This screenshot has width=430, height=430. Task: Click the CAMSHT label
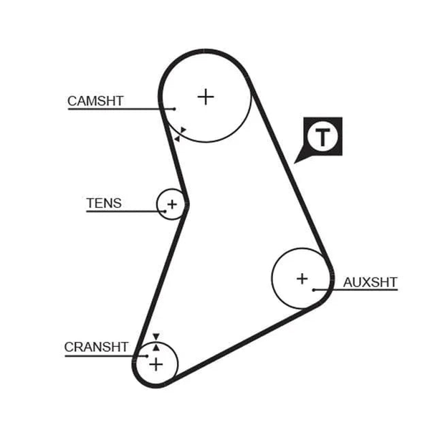pos(95,101)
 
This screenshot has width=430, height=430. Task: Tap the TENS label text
pos(104,204)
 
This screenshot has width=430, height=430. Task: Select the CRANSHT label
pos(96,347)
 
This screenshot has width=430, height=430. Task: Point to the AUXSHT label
pos(371,282)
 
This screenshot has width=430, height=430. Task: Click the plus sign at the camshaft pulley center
pos(206,97)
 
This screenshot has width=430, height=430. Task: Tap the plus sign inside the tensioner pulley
pos(172,204)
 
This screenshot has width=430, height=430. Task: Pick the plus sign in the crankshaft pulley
pos(156,365)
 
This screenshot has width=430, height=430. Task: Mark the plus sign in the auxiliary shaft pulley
pos(302,279)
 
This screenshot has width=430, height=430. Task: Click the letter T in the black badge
pos(322,137)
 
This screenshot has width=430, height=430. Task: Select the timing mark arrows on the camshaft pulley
pos(180,135)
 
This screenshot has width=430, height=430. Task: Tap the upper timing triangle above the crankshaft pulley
pos(156,337)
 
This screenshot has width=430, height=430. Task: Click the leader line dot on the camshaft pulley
pos(175,109)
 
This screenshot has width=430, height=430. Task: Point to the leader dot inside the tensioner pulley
pos(165,211)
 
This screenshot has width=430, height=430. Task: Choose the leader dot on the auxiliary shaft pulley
pos(314,290)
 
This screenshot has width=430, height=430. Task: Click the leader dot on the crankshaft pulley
pos(147,356)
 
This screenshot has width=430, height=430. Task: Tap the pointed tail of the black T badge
pos(295,163)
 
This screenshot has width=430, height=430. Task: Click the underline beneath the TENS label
pos(126,211)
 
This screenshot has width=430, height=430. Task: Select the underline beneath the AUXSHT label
pos(355,290)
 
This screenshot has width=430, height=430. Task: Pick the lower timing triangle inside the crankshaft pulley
pos(156,348)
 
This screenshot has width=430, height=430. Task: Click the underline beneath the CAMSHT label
pos(121,109)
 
